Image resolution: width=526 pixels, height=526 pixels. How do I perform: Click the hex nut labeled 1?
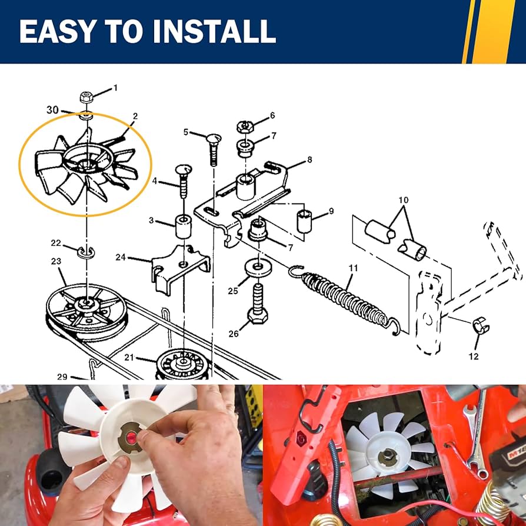pyautogui.click(x=85, y=97)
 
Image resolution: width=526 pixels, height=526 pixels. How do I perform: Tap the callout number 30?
pyautogui.click(x=52, y=109)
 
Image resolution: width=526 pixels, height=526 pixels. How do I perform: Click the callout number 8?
pyautogui.click(x=309, y=159)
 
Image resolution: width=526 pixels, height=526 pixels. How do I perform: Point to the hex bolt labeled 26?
pyautogui.click(x=257, y=303)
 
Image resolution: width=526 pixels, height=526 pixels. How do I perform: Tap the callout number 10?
pyautogui.click(x=403, y=200)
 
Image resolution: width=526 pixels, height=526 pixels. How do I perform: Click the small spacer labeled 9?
pyautogui.click(x=304, y=221)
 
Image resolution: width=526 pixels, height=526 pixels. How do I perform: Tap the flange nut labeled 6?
pyautogui.click(x=245, y=126)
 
